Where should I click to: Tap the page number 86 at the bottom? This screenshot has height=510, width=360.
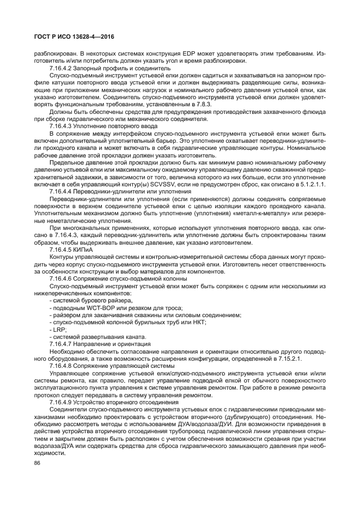(x=38, y=463)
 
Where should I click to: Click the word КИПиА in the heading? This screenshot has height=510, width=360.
(x=88, y=248)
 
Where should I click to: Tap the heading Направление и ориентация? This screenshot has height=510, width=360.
(x=113, y=344)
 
